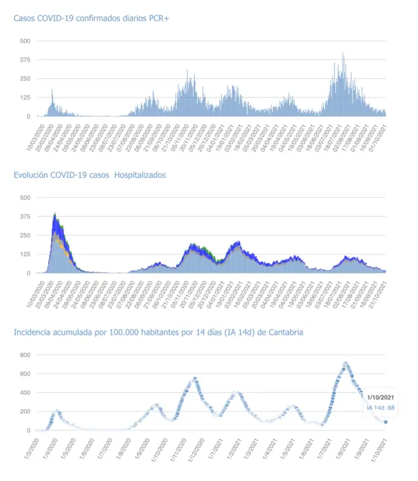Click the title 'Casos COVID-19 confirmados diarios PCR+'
coord(91,18)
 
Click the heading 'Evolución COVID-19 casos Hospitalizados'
coord(90,175)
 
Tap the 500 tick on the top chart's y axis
coord(25,41)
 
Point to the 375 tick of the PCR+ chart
coord(25,59)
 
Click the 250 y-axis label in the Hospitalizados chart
coord(25,235)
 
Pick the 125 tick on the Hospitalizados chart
coord(25,254)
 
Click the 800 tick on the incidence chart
coord(25,354)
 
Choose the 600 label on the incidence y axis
coord(25,373)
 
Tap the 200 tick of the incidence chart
coord(25,412)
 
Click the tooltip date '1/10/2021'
coord(381,398)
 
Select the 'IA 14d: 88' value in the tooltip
coord(381,408)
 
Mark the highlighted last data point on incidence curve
coord(385,422)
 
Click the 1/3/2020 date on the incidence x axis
coord(38,446)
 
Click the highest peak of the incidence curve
coord(345,363)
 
